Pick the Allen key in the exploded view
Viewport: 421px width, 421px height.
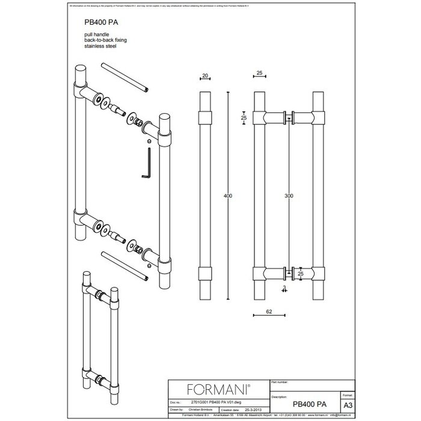(x=146, y=164)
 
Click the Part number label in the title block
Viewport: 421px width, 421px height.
(x=283, y=381)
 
